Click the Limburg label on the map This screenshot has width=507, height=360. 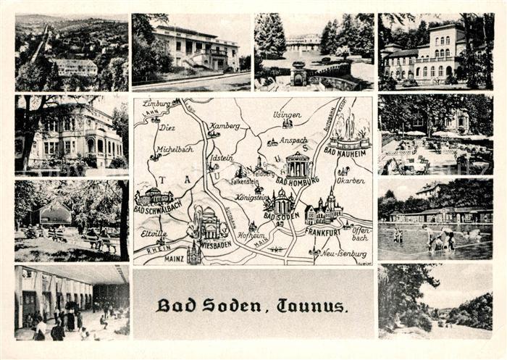coord(156,104)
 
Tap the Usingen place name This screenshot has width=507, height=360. coord(286,114)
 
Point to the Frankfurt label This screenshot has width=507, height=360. coord(323,231)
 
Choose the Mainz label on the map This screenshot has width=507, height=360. coord(175,257)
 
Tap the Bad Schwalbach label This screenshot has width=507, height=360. coord(158,209)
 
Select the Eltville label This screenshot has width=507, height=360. coord(154,233)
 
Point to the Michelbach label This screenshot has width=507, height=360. coord(175,148)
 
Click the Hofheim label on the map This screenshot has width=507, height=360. coord(251,235)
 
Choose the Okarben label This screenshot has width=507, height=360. coord(351,181)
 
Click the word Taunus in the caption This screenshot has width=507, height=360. coord(313,306)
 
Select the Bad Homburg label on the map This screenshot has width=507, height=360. coord(297,182)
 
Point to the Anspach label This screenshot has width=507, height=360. coord(293,141)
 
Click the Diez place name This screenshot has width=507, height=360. coord(167,127)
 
